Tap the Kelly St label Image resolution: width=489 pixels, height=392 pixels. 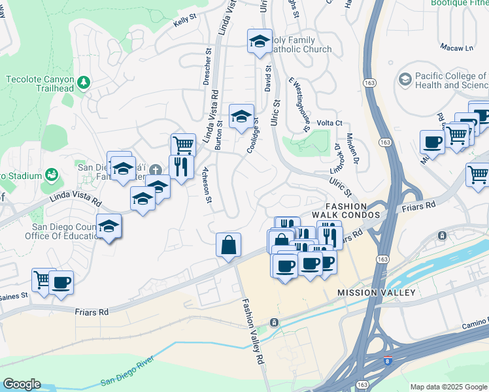coord(185,23)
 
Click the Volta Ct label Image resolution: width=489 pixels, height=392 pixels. coord(329,123)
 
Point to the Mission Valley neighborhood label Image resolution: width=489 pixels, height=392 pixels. coord(377,293)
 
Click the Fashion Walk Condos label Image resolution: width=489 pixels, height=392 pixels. coord(346,209)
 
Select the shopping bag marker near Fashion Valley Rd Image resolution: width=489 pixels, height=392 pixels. coord(229,246)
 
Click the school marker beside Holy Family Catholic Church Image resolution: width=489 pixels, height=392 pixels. coord(260,41)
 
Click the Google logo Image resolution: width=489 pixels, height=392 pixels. coord(22,384)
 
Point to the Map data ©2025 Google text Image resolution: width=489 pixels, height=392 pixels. coord(448,387)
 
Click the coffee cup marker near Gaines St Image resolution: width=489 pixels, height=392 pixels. coord(61,282)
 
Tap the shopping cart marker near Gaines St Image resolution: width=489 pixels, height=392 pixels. coord(42,281)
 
